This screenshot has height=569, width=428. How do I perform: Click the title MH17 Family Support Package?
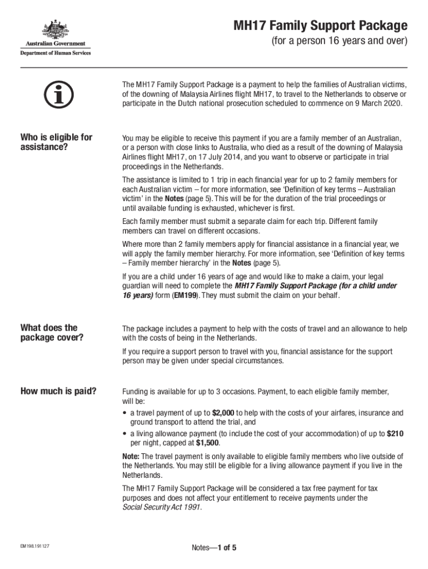coord(320,26)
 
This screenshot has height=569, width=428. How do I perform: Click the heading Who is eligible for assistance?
coord(56,142)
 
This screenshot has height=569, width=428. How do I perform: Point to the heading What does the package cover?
coord(52,333)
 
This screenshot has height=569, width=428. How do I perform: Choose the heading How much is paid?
coord(58,391)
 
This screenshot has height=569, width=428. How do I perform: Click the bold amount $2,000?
coord(223,413)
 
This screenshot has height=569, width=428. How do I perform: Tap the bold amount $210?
coord(395,433)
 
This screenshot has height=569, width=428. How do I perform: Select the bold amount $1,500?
coord(207,443)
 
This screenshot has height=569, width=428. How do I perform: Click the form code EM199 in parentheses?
coord(186,295)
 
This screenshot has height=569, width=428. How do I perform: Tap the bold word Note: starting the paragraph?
coord(132,456)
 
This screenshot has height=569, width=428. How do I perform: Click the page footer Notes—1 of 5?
coord(214,548)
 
